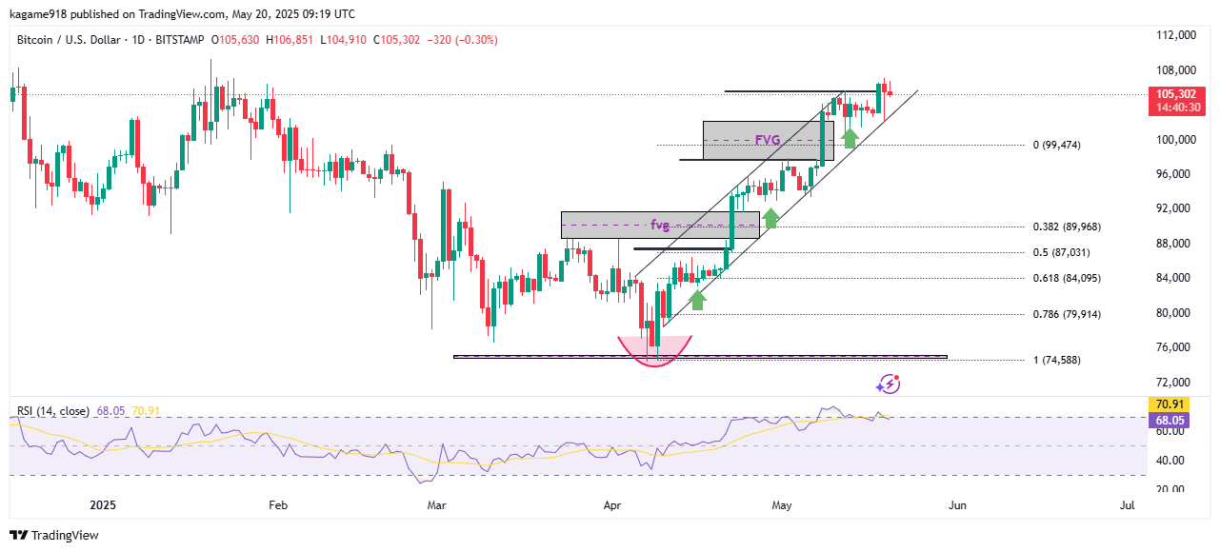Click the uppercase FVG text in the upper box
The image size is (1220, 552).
[x=768, y=140]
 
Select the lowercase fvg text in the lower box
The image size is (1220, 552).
[x=660, y=226]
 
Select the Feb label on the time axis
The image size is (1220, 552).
[x=277, y=505]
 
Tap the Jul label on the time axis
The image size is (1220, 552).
[x=1128, y=505]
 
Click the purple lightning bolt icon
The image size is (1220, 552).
[x=888, y=384]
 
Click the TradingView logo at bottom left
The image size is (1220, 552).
[x=54, y=535]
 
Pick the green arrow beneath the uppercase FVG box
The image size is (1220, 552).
[x=850, y=137]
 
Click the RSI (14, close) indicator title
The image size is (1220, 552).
[x=53, y=411]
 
